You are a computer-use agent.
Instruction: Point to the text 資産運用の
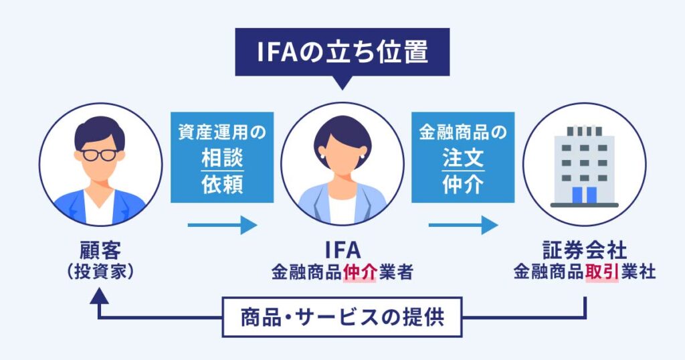pyautogui.click(x=222, y=132)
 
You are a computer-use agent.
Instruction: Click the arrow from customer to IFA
pyautogui.click(x=222, y=226)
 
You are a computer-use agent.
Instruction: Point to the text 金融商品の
pyautogui.click(x=462, y=132)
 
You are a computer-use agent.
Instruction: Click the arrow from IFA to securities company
pyautogui.click(x=463, y=226)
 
